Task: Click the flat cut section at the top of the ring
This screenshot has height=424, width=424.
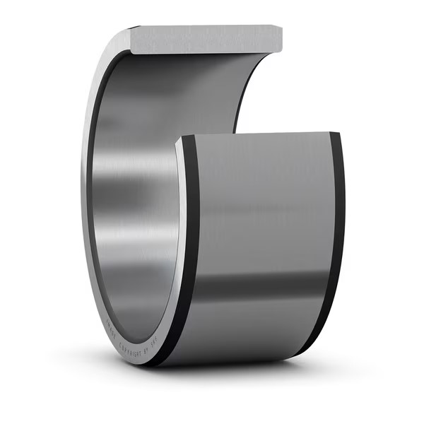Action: pos(205,38)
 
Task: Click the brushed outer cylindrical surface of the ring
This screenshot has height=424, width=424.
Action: pos(261,212)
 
